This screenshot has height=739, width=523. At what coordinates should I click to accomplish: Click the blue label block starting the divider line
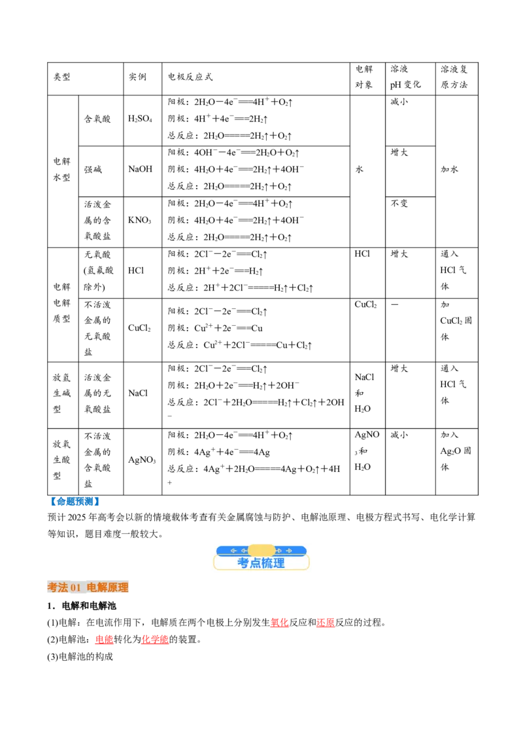75,501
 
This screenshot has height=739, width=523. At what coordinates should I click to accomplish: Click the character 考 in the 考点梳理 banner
243,563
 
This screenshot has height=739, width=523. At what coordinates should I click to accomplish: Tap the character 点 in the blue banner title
255,563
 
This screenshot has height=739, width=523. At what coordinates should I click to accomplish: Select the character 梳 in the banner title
267,563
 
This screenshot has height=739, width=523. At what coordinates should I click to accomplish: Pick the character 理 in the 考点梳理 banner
279,563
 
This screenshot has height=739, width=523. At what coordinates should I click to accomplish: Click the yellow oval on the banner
261,550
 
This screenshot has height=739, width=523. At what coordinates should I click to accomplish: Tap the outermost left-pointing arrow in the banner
233,551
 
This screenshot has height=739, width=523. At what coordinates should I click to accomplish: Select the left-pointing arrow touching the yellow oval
244,551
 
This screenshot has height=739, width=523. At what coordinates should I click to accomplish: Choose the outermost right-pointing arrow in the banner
289,551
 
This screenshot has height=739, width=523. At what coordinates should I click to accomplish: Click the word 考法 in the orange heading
58,588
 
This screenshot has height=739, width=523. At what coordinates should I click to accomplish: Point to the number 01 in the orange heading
75,588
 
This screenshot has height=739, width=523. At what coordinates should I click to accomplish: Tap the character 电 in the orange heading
92,588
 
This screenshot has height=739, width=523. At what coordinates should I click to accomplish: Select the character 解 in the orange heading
103,588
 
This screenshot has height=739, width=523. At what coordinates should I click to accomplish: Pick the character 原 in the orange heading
113,588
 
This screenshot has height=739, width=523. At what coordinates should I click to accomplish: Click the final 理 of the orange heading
124,588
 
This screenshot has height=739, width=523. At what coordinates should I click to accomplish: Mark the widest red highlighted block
155,640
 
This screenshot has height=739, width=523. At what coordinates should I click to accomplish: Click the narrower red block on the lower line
104,640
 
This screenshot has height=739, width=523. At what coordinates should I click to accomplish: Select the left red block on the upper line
279,623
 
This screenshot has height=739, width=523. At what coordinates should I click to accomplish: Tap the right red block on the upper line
326,623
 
